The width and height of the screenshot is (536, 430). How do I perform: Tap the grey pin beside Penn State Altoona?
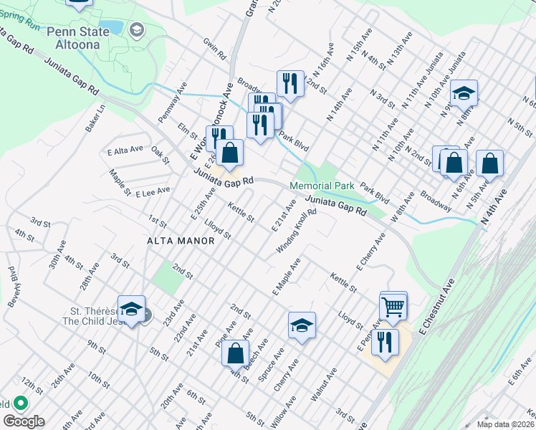click(138, 30)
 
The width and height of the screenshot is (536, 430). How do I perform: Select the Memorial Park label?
click(322, 186)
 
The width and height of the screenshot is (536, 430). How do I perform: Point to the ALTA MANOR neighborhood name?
click(181, 241)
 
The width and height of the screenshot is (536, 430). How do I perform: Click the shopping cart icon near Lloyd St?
click(393, 307)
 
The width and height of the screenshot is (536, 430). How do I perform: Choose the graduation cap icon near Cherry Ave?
click(302, 326)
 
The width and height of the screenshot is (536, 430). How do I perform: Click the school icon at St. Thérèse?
click(131, 309)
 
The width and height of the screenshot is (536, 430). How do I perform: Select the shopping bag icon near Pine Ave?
click(235, 353)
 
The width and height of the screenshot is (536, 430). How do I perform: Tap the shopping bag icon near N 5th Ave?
click(489, 163)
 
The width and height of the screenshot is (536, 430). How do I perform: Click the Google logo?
click(24, 421)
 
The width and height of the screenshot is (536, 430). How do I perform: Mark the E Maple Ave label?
click(285, 277)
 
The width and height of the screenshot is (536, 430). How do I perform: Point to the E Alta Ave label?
click(125, 151)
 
